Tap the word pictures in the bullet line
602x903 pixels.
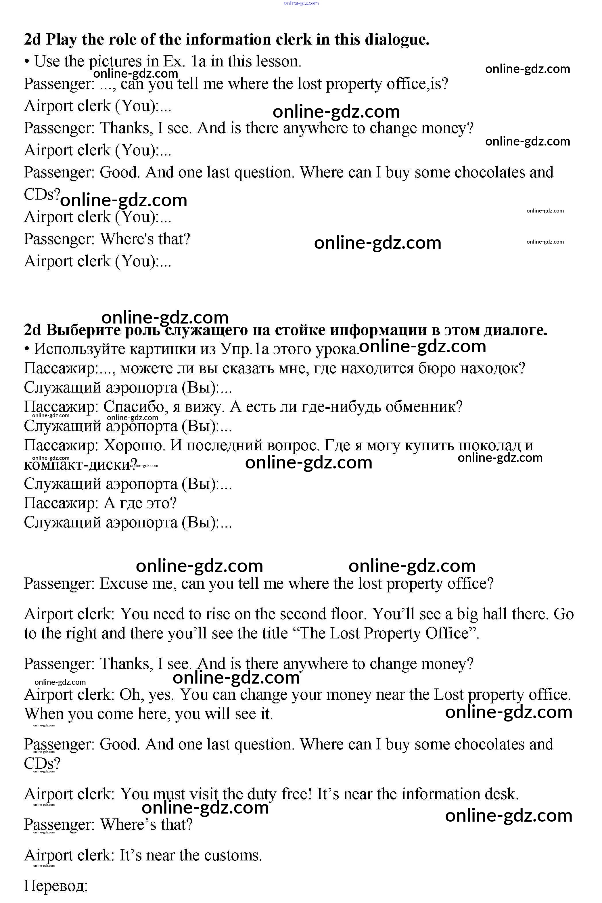115,62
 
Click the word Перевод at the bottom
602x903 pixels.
56,886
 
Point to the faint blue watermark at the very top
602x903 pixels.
301,3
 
